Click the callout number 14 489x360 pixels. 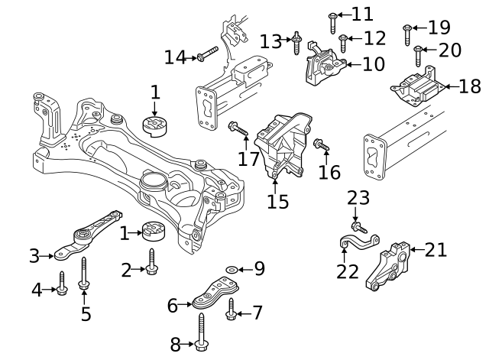click(175, 57)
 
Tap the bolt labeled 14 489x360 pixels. click(207, 54)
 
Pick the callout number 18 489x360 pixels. click(469, 86)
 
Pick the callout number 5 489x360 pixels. click(86, 313)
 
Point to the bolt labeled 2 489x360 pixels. click(152, 261)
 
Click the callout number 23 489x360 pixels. click(358, 198)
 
